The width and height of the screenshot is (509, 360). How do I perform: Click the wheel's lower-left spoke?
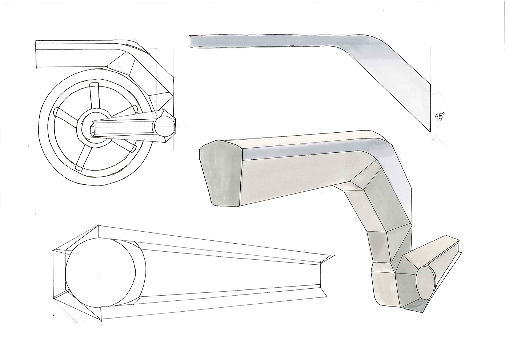pos(83,158)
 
